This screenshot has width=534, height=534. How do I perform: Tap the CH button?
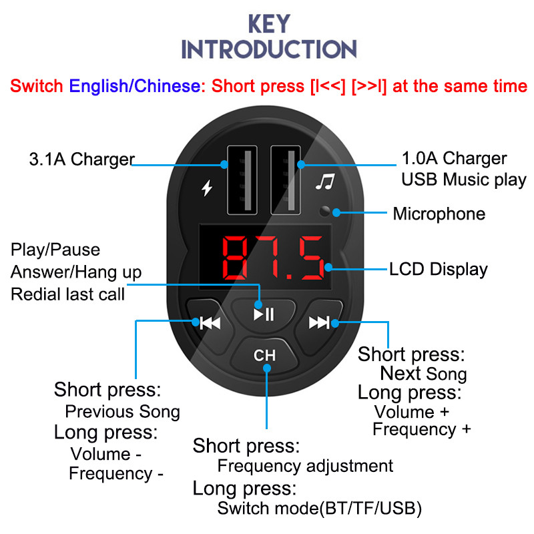[264, 355]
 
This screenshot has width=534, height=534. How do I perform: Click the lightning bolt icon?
[207, 189]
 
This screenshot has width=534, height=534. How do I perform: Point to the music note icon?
[324, 182]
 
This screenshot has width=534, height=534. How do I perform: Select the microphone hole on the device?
[325, 212]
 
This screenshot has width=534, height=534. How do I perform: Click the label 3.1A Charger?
[82, 160]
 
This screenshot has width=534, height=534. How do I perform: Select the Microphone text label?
[439, 214]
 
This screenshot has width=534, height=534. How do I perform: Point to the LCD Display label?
[439, 270]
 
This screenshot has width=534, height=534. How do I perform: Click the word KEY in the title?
[269, 24]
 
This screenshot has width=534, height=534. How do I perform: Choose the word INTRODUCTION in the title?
[269, 49]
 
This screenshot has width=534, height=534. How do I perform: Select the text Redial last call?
[67, 294]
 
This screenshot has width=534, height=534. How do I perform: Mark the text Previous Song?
[122, 411]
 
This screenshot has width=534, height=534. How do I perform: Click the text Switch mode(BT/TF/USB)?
[320, 509]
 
